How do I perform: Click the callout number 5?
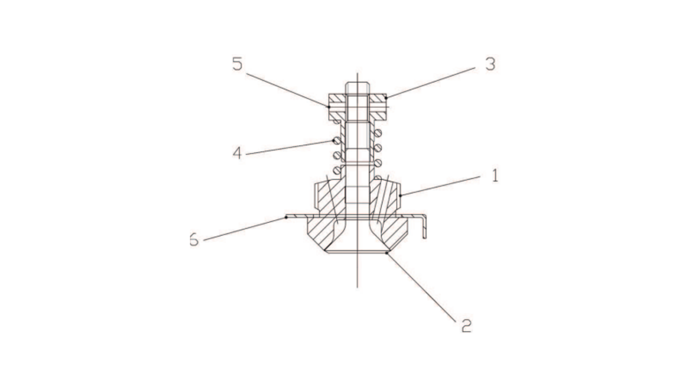pos(237,64)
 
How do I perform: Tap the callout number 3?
pos(490,64)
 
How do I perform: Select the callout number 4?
pos(238,153)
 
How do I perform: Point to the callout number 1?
pos(495,176)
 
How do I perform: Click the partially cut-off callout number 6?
pos(193,241)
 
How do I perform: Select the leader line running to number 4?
pos(289,146)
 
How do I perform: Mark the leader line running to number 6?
pos(244,229)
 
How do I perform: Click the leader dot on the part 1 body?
pos(401,196)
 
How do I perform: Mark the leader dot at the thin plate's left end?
pos(286,217)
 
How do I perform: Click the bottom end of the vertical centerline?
pos(357,286)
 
